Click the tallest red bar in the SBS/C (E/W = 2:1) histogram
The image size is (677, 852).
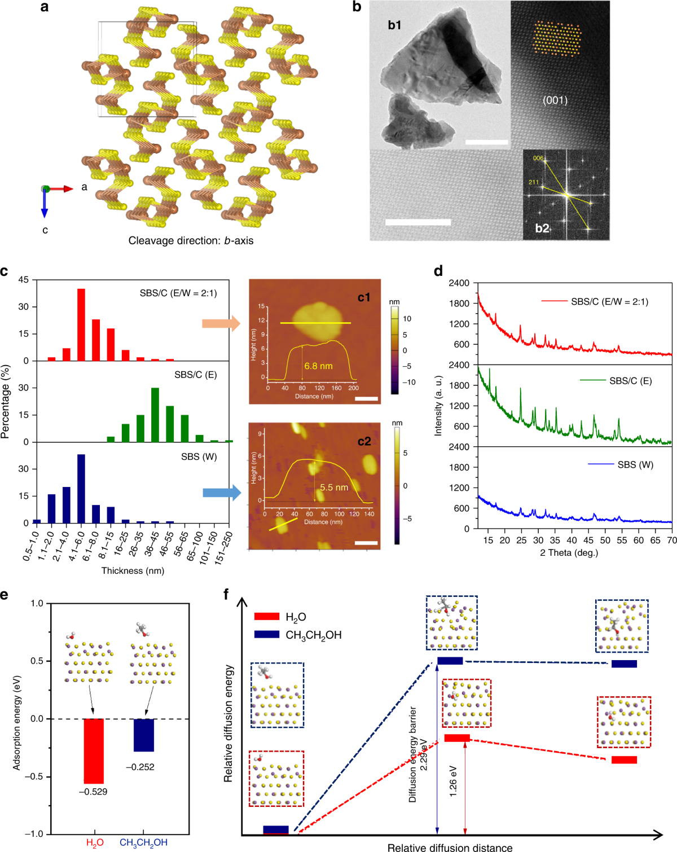(81, 325)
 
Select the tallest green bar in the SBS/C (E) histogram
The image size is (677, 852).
(155, 415)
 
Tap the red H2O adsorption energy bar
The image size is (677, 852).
(94, 750)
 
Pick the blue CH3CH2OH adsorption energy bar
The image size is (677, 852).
(144, 735)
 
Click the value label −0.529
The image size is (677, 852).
(93, 792)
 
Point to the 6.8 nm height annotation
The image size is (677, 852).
(318, 366)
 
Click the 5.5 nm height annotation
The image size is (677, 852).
(334, 488)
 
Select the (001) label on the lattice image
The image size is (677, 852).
(555, 100)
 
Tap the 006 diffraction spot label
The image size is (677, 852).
(538, 158)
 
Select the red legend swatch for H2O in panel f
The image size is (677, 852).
(266, 617)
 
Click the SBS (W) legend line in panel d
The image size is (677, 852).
(601, 464)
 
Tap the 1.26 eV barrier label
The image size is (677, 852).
(453, 781)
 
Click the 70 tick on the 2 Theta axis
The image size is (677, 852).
(671, 540)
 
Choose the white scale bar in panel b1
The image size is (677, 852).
(486, 142)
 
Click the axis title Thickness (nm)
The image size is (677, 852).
(133, 570)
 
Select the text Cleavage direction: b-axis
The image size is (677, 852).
(191, 241)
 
